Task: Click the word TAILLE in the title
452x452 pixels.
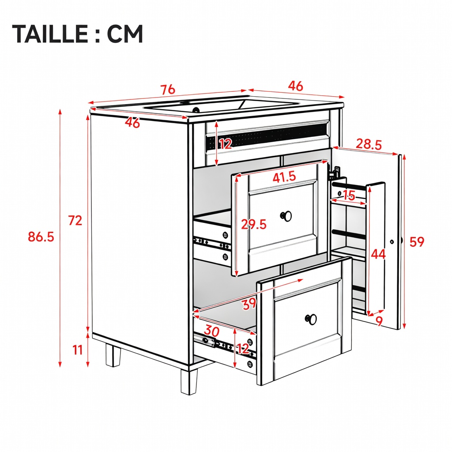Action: [49, 34]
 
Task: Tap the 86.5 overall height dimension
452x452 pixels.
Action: [41, 237]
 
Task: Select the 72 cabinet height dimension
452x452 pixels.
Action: [75, 221]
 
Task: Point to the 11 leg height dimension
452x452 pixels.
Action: [78, 350]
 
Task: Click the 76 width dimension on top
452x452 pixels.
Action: [168, 90]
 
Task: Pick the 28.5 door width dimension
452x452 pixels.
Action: [369, 144]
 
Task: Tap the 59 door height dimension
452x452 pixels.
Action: [417, 242]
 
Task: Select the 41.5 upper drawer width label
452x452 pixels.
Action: [284, 177]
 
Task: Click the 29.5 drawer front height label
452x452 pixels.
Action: [254, 224]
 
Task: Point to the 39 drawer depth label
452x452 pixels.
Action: [249, 304]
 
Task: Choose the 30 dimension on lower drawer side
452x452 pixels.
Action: [212, 331]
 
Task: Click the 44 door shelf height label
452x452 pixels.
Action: [378, 254]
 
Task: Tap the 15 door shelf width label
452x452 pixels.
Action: [349, 196]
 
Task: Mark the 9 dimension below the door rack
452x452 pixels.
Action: [379, 321]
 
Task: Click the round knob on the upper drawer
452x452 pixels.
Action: [286, 216]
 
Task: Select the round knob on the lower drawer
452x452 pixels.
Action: [311, 320]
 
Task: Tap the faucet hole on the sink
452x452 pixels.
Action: [196, 110]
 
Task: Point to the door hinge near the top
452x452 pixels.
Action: [335, 173]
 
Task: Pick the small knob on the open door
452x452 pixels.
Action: [392, 241]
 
